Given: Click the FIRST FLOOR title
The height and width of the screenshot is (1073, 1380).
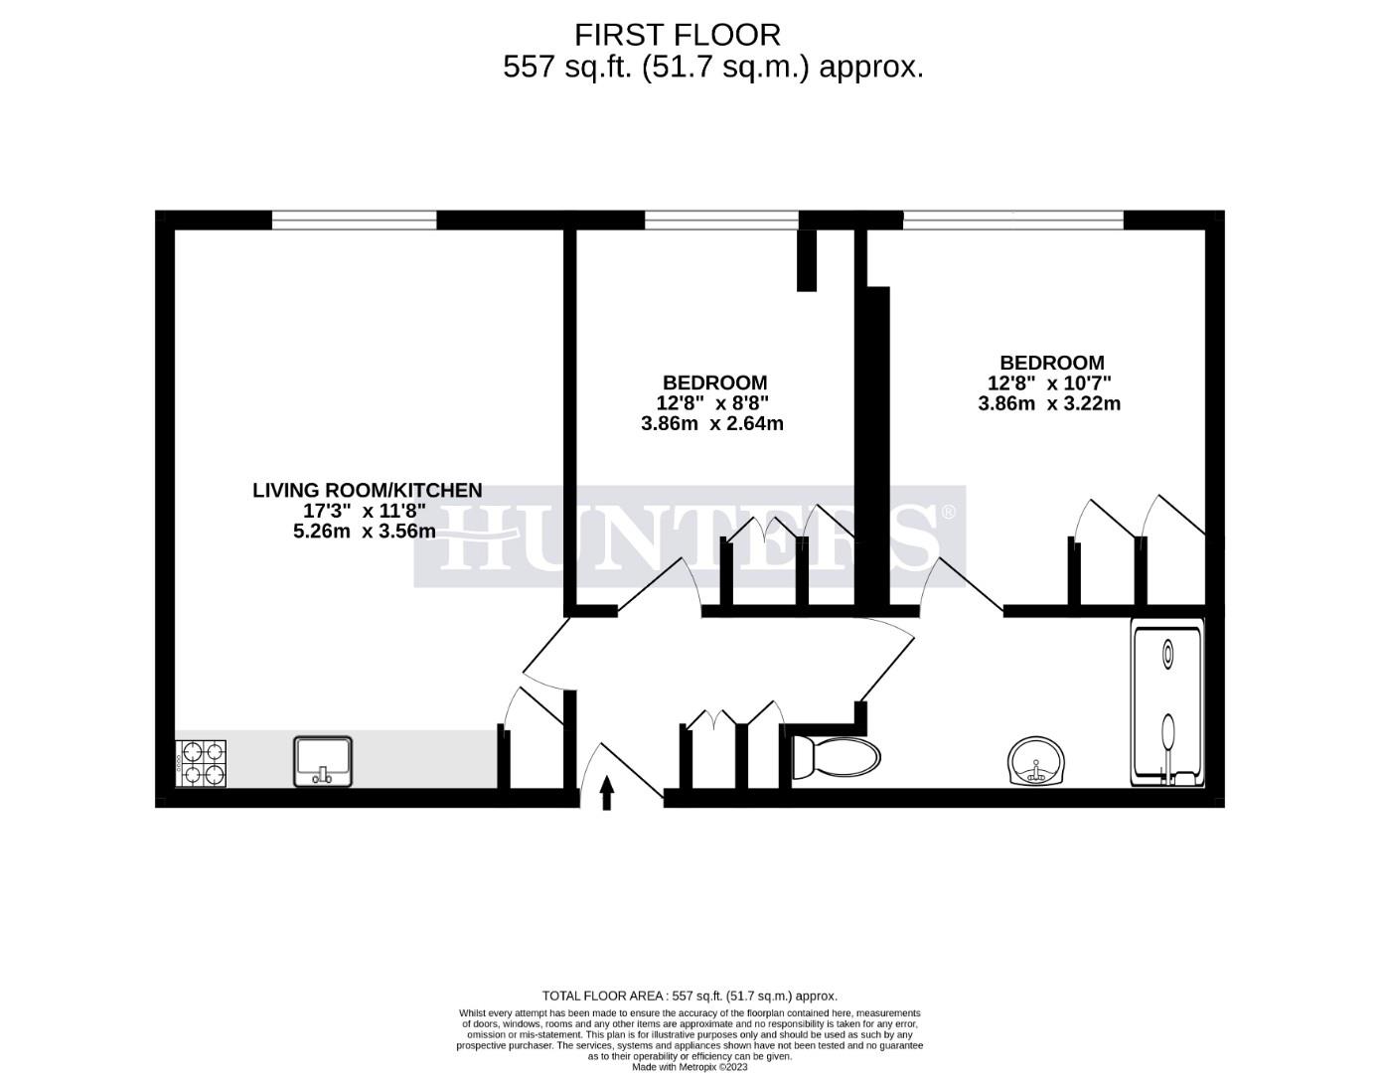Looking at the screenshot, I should (x=678, y=35).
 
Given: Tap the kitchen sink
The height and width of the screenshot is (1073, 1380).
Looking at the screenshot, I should (x=323, y=761).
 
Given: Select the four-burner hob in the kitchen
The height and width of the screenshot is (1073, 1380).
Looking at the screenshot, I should (x=202, y=763).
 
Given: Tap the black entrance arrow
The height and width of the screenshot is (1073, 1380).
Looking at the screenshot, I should (x=607, y=794).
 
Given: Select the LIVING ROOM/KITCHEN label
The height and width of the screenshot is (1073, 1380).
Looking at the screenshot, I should (x=367, y=490).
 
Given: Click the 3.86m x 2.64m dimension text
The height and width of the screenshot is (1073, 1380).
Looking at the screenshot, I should (x=712, y=423).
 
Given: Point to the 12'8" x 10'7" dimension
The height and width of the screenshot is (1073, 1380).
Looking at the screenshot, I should (x=1049, y=383).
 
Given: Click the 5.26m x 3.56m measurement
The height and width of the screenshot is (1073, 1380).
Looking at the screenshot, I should (x=365, y=531).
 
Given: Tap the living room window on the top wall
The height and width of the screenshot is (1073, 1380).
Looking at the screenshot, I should (x=355, y=220).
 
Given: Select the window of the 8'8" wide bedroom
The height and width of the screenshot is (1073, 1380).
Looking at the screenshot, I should (x=721, y=220).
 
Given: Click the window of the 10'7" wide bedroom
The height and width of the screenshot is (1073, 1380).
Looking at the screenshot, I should (x=1013, y=220).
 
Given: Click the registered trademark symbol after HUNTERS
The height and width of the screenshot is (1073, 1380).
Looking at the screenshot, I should (x=948, y=512).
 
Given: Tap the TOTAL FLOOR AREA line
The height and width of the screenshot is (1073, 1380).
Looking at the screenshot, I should (x=690, y=996).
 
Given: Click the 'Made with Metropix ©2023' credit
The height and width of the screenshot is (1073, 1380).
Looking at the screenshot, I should (x=690, y=1067).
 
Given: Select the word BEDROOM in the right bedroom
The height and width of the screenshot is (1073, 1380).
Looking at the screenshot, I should (x=1051, y=363).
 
